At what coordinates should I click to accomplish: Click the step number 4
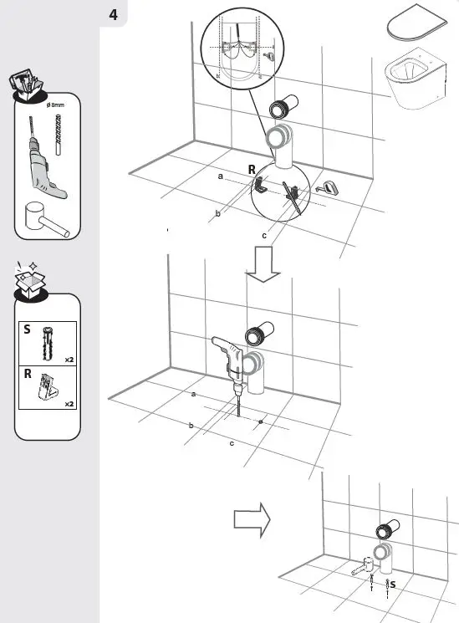pyautogui.click(x=114, y=14)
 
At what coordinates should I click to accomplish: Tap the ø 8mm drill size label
pyautogui.click(x=59, y=104)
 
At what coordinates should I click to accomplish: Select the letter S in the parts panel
pyautogui.click(x=28, y=330)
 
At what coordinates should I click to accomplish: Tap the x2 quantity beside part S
pyautogui.click(x=70, y=359)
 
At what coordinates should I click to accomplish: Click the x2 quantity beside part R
pyautogui.click(x=70, y=402)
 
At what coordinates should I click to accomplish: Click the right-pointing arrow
pyautogui.click(x=252, y=519)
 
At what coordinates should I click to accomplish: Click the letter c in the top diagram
pyautogui.click(x=264, y=236)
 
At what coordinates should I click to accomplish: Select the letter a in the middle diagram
pyautogui.click(x=193, y=393)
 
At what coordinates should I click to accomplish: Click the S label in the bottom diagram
pyautogui.click(x=392, y=585)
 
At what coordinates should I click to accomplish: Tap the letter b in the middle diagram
pyautogui.click(x=191, y=426)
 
